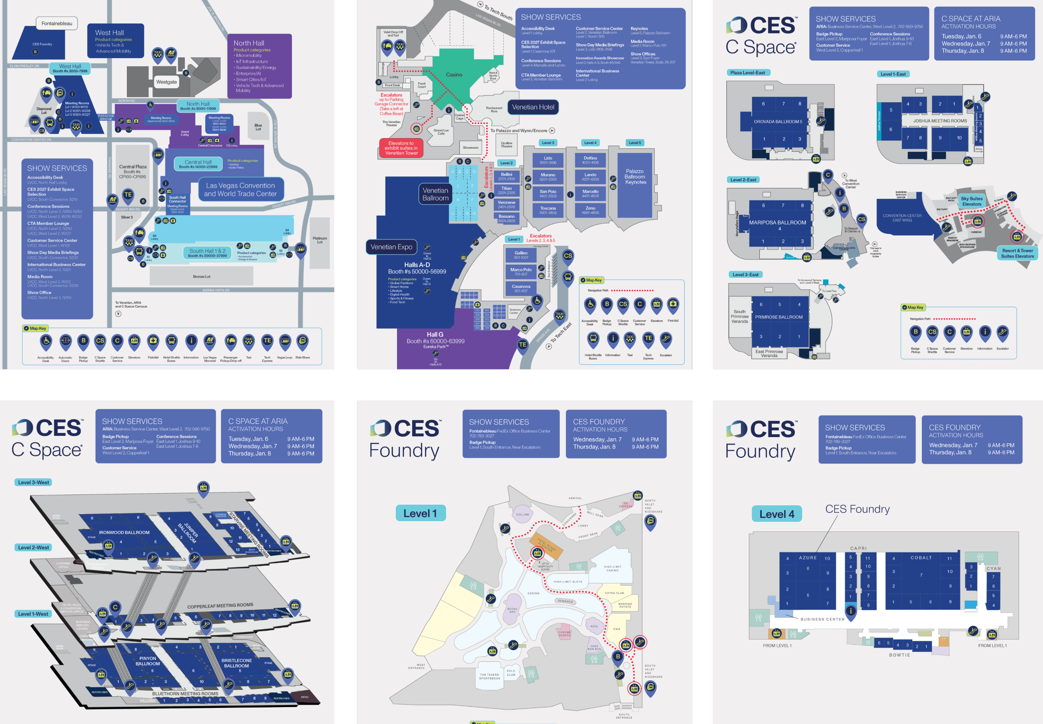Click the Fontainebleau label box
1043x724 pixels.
pos(57,24)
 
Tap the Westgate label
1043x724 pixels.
pos(167,82)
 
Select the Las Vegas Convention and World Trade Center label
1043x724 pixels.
pos(240,190)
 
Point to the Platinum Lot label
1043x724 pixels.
pos(320,240)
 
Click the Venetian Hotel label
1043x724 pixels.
pos(533,107)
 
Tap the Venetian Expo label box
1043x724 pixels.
pos(391,247)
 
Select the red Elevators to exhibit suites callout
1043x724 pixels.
pos(402,148)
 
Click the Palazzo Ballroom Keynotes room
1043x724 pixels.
pos(635,177)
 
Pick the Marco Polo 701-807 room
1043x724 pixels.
pos(521,272)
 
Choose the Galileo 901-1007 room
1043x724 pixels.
pos(521,255)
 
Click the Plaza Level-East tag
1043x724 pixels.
pos(748,73)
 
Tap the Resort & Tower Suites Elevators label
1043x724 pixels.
pos(1017,253)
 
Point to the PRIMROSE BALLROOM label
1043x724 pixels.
pos(779,317)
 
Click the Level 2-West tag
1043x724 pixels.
pos(33,548)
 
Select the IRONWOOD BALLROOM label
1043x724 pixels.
pos(124,533)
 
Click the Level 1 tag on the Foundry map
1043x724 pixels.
pos(420,513)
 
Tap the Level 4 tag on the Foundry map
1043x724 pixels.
pos(777,514)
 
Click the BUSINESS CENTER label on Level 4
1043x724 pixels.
pos(822,619)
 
